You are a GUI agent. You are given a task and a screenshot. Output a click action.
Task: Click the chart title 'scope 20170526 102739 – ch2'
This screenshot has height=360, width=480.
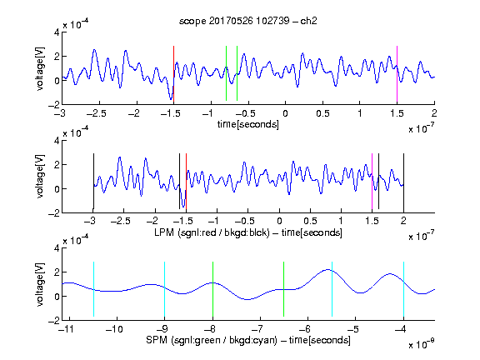248,21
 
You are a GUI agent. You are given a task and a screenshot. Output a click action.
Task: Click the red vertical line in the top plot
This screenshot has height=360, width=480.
173,74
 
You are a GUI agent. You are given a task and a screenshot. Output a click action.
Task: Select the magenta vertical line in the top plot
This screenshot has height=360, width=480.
397,74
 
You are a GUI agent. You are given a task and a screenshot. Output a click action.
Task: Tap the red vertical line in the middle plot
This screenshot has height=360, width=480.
186,181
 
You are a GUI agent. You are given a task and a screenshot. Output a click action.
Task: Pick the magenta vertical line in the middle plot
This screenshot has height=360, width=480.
372,181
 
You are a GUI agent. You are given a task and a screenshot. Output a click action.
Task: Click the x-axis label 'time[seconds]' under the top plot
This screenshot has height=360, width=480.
248,124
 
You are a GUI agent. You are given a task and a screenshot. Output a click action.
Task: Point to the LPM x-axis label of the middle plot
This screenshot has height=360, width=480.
248,232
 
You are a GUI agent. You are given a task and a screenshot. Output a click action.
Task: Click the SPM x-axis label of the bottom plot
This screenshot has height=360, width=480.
248,340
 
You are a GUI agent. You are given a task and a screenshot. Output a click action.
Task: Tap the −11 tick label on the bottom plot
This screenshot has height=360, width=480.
66,329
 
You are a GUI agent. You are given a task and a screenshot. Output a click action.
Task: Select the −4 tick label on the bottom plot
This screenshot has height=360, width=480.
401,329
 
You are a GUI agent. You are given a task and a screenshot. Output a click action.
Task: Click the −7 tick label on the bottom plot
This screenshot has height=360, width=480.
257,329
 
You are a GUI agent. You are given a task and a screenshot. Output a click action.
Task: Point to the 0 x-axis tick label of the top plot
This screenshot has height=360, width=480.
285,113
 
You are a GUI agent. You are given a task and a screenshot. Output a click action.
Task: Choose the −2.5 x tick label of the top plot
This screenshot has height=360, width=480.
97,113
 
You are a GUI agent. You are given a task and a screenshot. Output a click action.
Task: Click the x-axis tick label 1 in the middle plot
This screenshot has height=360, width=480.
341,221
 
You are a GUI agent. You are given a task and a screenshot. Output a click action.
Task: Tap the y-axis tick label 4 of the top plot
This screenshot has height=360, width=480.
57,32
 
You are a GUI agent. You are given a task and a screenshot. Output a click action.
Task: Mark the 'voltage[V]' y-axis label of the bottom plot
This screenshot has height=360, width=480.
40,284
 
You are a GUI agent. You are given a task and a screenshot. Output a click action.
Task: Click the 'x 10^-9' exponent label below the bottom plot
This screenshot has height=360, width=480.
422,344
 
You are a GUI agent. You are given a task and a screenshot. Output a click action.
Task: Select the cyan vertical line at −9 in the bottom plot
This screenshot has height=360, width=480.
165,289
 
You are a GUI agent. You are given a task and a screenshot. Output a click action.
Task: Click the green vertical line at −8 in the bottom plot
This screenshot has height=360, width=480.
212,289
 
